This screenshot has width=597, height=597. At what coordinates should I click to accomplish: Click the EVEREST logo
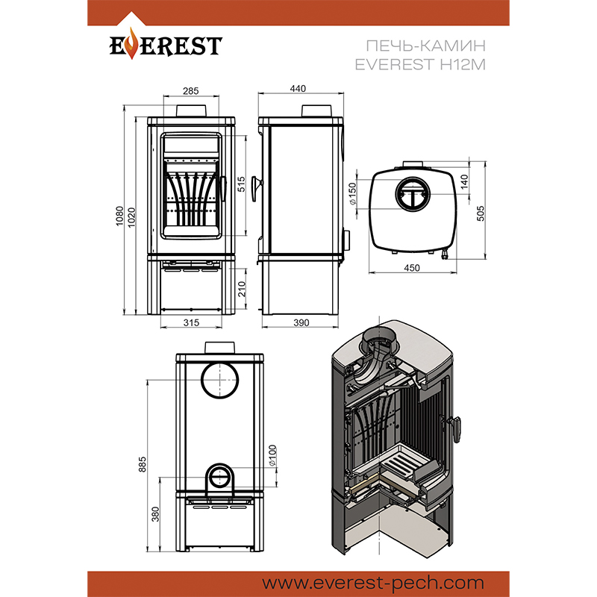(x=166, y=45)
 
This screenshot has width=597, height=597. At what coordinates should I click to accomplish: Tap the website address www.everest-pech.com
(x=373, y=583)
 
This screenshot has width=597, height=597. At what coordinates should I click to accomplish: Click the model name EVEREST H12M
(x=420, y=64)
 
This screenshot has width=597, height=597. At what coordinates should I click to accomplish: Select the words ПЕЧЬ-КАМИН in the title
(x=425, y=46)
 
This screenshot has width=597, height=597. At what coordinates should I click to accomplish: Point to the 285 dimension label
(x=191, y=90)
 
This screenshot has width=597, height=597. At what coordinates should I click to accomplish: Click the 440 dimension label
(x=298, y=88)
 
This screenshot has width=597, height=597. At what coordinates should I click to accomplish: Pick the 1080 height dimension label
(x=119, y=216)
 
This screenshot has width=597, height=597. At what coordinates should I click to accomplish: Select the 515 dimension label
(x=241, y=184)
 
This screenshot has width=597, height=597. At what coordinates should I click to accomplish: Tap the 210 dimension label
(x=242, y=289)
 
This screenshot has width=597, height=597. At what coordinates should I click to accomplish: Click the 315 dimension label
(x=191, y=322)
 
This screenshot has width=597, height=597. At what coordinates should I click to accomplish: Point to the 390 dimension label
(x=301, y=322)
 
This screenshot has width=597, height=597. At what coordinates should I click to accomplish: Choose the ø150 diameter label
(x=352, y=194)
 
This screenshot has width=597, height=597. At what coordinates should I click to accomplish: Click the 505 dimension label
(x=481, y=213)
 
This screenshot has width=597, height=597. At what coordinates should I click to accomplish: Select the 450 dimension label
(x=412, y=268)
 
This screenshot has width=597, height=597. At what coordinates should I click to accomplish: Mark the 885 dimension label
(x=143, y=464)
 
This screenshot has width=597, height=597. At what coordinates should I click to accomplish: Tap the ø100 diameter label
(x=272, y=455)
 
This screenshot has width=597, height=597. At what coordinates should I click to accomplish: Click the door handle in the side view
(x=257, y=189)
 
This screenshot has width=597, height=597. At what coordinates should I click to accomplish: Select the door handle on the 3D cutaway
(x=455, y=429)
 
